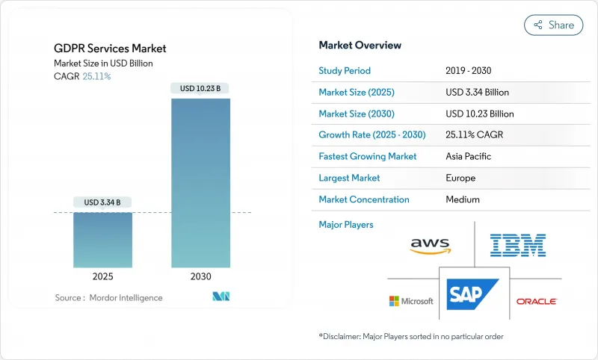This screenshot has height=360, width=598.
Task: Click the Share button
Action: pyautogui.click(x=554, y=25)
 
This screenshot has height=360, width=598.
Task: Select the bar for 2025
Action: pyautogui.click(x=103, y=240)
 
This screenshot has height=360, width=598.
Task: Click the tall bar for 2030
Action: pyautogui.click(x=201, y=183)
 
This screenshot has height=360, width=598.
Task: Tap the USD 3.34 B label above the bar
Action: pyautogui.click(x=103, y=202)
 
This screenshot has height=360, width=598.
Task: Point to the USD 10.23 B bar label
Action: pyautogui.click(x=201, y=88)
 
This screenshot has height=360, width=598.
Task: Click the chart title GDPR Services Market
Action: pyautogui.click(x=111, y=49)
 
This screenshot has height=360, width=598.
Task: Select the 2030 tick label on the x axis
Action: pyautogui.click(x=201, y=276)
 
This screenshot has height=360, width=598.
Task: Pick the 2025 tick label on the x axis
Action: pyautogui.click(x=103, y=276)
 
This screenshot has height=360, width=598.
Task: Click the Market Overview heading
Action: pyautogui.click(x=360, y=46)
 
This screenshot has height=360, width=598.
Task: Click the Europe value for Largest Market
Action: pyautogui.click(x=460, y=179)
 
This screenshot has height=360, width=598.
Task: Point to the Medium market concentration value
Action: pyautogui.click(x=463, y=199)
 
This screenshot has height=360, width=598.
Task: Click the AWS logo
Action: pyautogui.click(x=431, y=245)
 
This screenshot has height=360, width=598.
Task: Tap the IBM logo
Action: pyautogui.click(x=517, y=245)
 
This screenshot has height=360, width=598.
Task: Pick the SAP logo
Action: pyautogui.click(x=473, y=294)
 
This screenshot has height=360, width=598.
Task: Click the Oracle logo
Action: pyautogui.click(x=537, y=301)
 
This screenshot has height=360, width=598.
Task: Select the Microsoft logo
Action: pyautogui.click(x=411, y=301)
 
